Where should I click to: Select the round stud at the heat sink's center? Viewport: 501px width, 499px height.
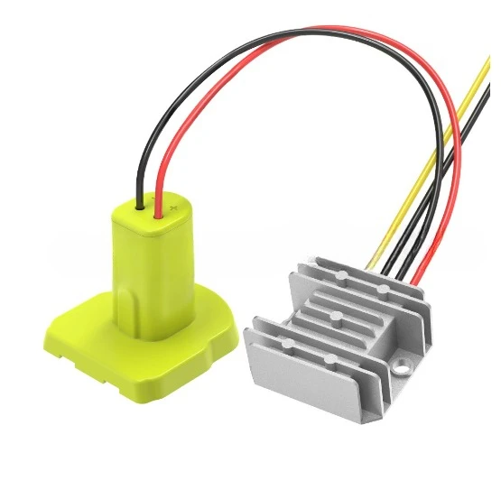click(x=336, y=315)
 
